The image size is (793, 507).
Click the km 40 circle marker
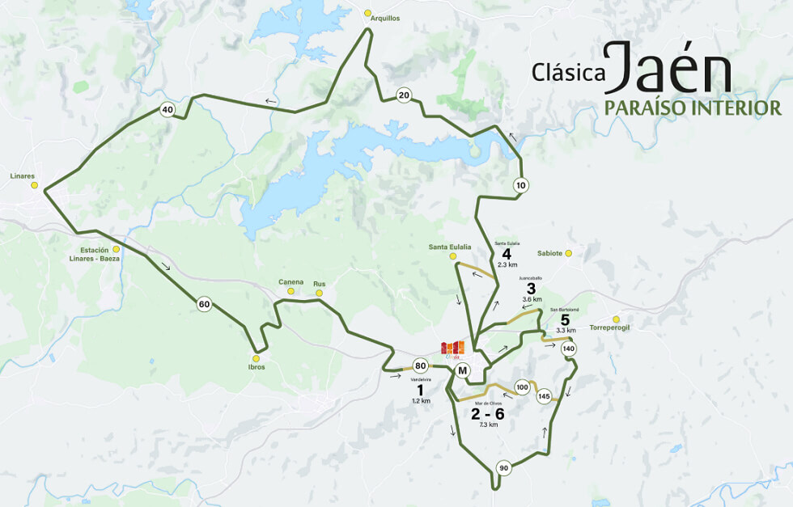168,109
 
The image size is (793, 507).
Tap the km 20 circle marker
404,95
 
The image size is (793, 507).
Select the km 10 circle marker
521,185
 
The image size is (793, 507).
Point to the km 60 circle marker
204,304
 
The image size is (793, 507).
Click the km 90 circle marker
503,468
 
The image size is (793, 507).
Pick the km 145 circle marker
544,396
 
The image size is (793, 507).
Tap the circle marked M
462,370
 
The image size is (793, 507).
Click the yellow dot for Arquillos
368,13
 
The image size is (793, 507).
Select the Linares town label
23,175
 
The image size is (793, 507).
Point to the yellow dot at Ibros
257,358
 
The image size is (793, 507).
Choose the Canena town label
290,281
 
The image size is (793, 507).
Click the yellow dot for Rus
320,293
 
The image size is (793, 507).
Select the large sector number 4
507,253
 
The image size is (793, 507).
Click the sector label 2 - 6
488,413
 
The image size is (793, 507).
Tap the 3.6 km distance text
532,299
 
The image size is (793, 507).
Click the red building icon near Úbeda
453,347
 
